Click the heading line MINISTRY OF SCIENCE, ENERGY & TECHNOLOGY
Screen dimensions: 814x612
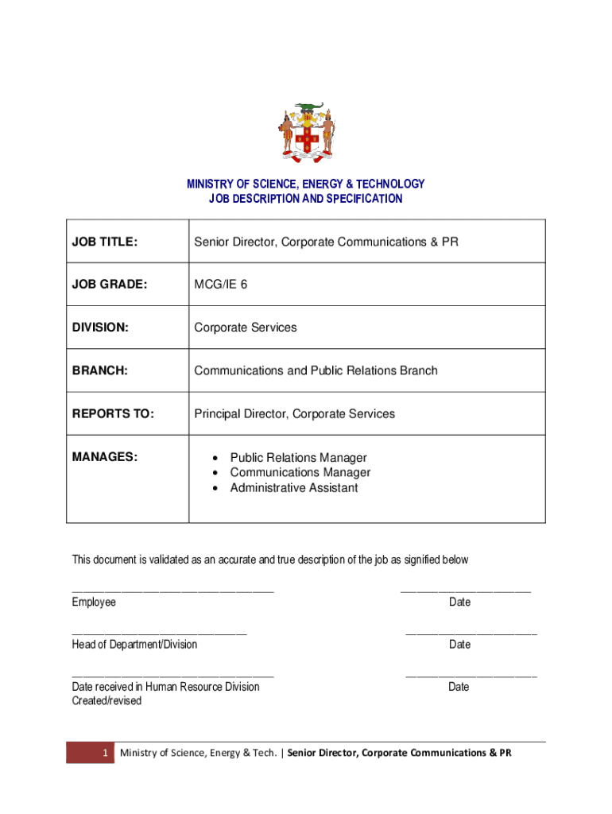click(306, 184)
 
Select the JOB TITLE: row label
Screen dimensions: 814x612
click(105, 241)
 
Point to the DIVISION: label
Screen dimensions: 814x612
click(99, 328)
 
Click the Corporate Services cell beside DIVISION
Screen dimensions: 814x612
click(246, 328)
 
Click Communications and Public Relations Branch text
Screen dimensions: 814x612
click(316, 370)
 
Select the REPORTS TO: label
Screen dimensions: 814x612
click(113, 413)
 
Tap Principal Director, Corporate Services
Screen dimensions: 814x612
click(294, 413)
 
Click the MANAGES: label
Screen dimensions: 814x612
click(105, 457)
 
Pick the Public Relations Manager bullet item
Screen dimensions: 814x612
click(298, 458)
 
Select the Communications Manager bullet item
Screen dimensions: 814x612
click(300, 473)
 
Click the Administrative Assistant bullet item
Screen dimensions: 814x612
click(293, 488)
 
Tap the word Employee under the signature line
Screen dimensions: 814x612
click(94, 603)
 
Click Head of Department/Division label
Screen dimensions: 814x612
click(134, 645)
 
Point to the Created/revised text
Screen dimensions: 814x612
click(107, 701)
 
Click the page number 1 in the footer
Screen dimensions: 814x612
click(104, 753)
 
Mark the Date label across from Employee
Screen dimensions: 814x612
click(459, 603)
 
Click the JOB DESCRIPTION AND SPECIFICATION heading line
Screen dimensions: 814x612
click(306, 199)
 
